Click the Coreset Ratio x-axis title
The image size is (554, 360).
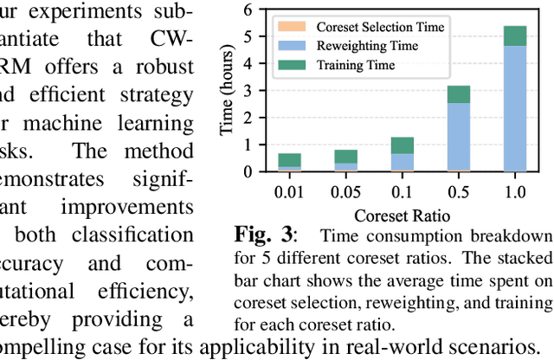point(403,212)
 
